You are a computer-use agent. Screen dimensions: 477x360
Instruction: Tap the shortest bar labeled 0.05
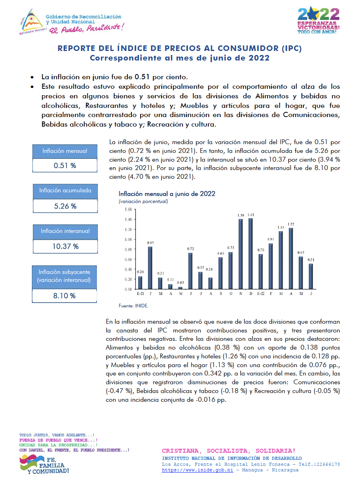(180, 288)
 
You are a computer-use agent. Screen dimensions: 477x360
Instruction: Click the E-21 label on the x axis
(140, 294)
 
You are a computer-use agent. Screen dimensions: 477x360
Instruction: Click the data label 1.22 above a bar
(291, 225)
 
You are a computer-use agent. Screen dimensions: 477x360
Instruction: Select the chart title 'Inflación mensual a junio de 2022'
(167, 194)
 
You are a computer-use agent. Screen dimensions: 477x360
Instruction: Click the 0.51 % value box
(65, 165)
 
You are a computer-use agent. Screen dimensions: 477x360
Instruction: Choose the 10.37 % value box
(65, 246)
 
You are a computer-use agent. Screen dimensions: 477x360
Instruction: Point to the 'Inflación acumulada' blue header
(65, 190)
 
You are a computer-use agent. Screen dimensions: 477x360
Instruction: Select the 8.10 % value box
(65, 296)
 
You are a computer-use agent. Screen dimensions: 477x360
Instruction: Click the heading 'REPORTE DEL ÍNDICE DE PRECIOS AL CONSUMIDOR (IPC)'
(180, 49)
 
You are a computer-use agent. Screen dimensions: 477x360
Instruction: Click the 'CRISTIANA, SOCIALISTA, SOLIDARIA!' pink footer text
(229, 451)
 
